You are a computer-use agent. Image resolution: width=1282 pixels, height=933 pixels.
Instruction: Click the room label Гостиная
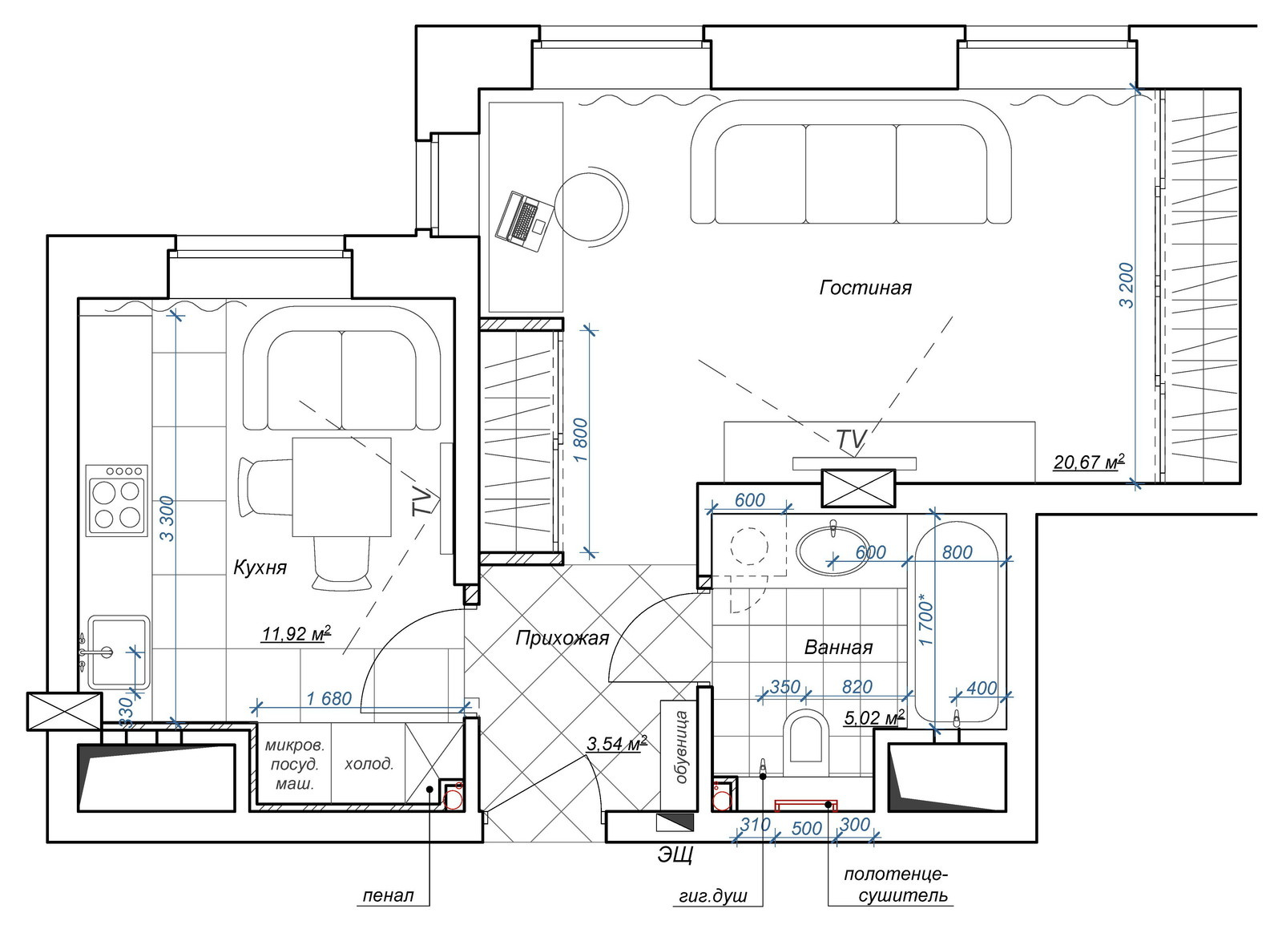click(x=865, y=287)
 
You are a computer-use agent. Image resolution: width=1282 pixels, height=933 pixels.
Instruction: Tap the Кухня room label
click(x=260, y=567)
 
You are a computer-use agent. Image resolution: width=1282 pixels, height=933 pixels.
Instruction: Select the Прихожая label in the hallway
click(x=562, y=638)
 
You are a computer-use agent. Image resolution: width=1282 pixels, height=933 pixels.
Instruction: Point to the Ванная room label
click(x=838, y=648)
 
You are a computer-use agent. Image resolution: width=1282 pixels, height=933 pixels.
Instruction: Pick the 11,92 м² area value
click(x=296, y=634)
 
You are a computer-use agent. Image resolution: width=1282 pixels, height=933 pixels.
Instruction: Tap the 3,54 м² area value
click(x=617, y=744)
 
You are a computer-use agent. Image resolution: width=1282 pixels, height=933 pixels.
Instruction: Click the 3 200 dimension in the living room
click(x=1127, y=285)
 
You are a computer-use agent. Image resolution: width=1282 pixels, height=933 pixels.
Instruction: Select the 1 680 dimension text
click(x=329, y=698)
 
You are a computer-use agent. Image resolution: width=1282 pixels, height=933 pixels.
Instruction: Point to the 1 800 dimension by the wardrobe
click(x=580, y=442)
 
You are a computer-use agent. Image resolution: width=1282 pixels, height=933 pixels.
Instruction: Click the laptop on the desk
click(x=525, y=222)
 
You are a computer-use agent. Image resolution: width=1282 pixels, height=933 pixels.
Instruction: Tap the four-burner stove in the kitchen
click(x=117, y=500)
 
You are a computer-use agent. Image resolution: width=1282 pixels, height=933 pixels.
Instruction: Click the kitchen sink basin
click(x=119, y=652)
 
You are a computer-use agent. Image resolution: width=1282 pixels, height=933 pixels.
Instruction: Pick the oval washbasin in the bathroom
click(x=832, y=550)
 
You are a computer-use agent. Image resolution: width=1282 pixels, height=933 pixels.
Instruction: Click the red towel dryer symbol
click(x=806, y=806)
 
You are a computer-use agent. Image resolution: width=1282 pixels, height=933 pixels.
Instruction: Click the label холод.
click(x=369, y=764)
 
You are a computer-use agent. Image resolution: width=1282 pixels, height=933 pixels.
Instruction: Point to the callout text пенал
click(x=388, y=895)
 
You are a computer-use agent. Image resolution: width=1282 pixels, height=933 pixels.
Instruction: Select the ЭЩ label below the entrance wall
click(x=676, y=854)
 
